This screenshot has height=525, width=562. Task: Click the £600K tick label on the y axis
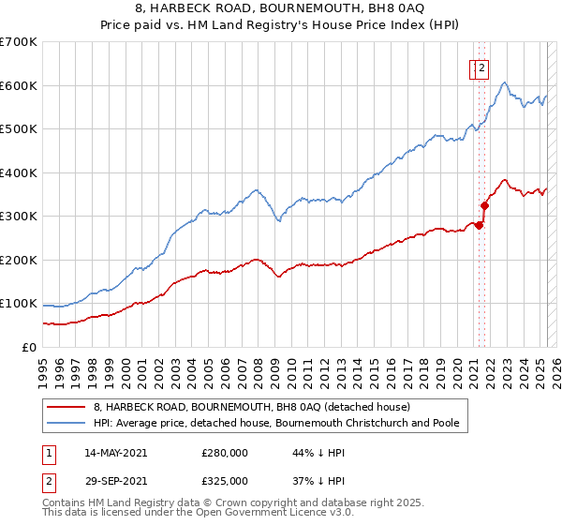(19, 85)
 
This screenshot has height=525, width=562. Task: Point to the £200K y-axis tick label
(19, 260)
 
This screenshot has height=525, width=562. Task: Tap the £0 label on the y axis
(30, 347)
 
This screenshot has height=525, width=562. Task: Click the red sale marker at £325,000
(485, 205)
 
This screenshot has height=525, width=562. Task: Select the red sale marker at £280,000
(479, 225)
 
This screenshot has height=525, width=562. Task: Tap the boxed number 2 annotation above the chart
(481, 67)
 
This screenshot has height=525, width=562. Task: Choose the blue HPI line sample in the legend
(66, 423)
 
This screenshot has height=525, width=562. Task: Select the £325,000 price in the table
(224, 481)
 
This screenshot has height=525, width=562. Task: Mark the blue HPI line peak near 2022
(504, 82)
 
